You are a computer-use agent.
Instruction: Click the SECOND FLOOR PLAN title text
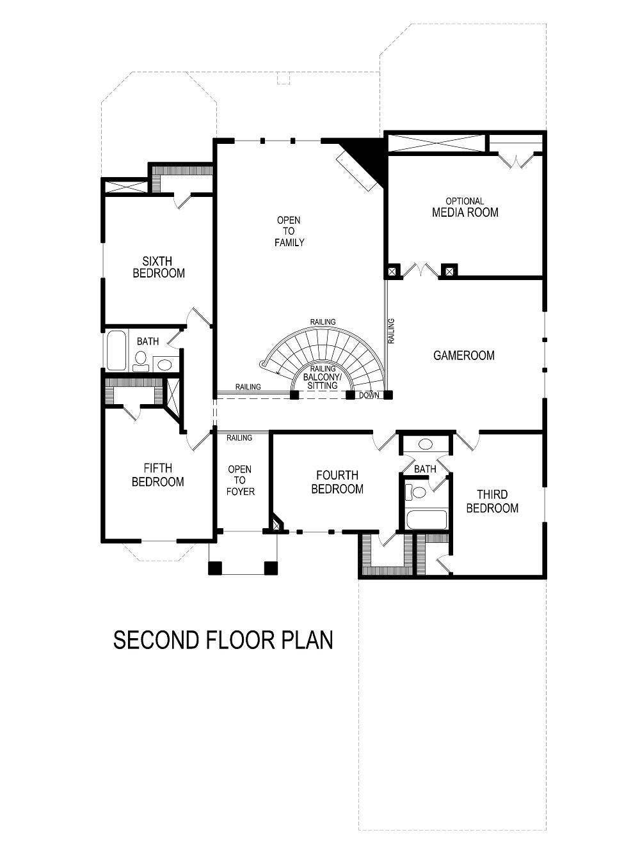[x=223, y=639]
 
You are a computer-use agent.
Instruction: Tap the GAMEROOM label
[x=464, y=356]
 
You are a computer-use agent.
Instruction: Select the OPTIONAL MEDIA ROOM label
[x=465, y=207]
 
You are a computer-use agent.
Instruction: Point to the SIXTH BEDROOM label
[x=159, y=267]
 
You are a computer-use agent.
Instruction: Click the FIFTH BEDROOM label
[x=157, y=475]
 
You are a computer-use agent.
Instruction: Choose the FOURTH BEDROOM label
[x=337, y=482]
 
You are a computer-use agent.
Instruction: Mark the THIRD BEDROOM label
[x=492, y=501]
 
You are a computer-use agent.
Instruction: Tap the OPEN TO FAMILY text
[x=289, y=231]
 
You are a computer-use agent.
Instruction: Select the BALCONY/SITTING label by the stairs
[x=323, y=382]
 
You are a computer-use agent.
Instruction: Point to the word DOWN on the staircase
[x=369, y=395]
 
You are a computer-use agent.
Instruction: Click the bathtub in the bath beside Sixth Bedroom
[x=116, y=350]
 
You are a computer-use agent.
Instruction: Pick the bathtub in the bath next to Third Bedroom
[x=426, y=519]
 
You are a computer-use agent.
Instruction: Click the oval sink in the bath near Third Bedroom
[x=425, y=444]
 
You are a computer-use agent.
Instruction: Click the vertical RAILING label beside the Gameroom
[x=391, y=331]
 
